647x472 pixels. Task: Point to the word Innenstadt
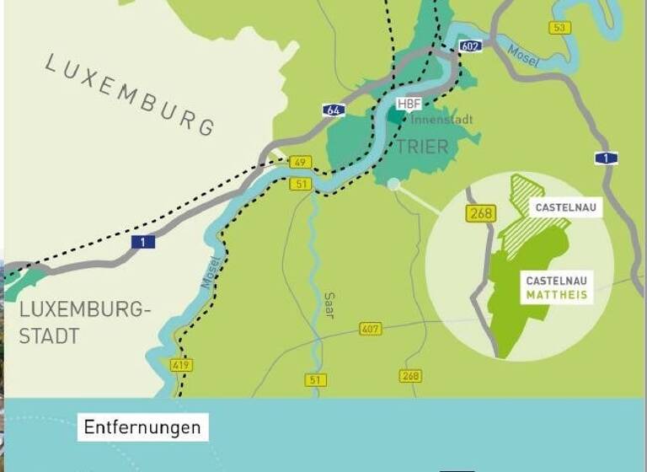point(441,120)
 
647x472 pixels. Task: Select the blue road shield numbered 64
point(332,110)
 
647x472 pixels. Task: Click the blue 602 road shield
point(471,46)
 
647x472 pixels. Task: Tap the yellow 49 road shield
point(300,162)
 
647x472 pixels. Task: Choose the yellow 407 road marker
point(370,329)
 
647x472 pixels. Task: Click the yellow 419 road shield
point(181,365)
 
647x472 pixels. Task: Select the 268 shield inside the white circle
point(479,214)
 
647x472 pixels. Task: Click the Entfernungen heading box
point(142,427)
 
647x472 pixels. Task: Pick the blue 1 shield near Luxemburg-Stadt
point(142,242)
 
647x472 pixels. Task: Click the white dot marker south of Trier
point(394,184)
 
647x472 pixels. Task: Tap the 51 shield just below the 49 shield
point(301,183)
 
